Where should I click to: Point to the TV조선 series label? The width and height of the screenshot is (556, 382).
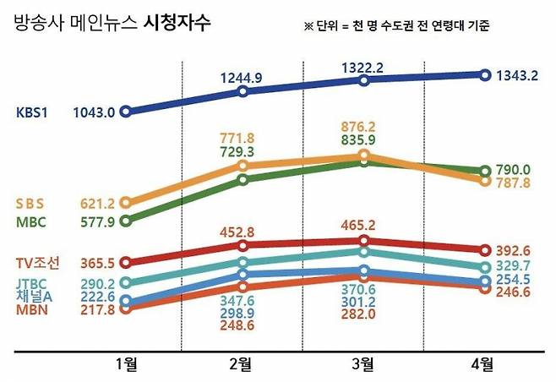38,264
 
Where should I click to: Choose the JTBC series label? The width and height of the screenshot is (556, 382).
34,283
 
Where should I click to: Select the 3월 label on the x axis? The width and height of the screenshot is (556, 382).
362,364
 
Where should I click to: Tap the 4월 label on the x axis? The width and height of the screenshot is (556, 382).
483,364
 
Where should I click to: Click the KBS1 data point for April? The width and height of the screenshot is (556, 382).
484,74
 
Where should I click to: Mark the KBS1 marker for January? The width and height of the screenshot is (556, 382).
126,112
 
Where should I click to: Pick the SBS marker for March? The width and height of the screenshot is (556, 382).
363,156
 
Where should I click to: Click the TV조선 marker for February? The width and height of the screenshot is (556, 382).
243,246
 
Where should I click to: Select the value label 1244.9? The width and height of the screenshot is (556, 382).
243,55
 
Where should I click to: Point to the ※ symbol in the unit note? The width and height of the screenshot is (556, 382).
308,26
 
